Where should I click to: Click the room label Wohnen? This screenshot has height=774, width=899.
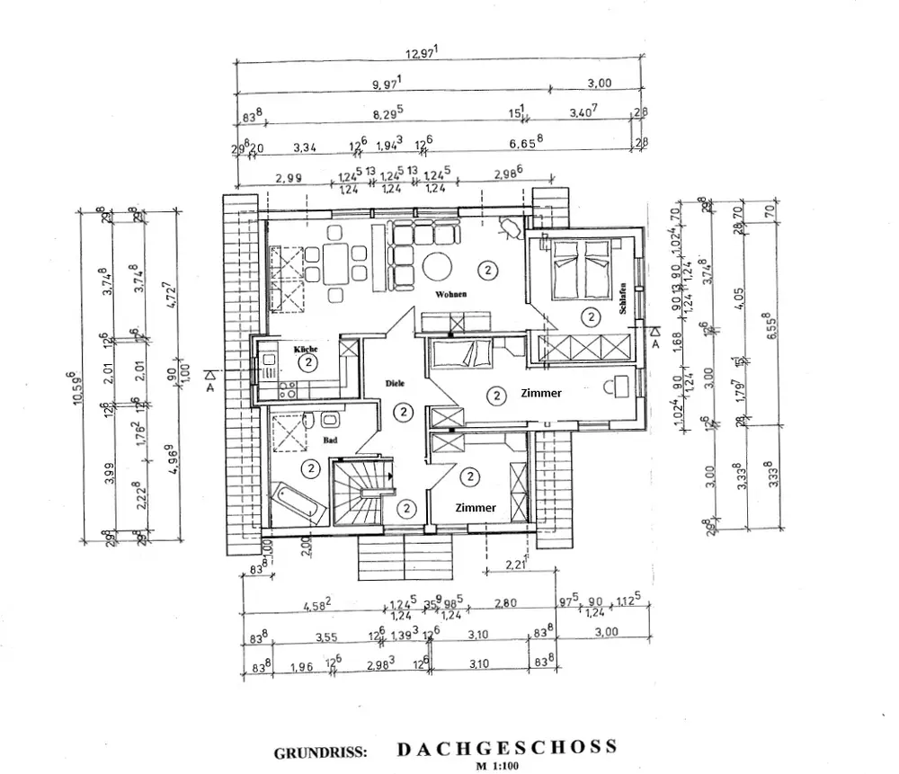[452, 294]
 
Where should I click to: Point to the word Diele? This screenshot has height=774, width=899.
[395, 383]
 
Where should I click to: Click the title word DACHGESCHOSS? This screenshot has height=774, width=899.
[506, 746]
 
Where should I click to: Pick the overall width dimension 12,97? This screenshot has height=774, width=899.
[420, 54]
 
